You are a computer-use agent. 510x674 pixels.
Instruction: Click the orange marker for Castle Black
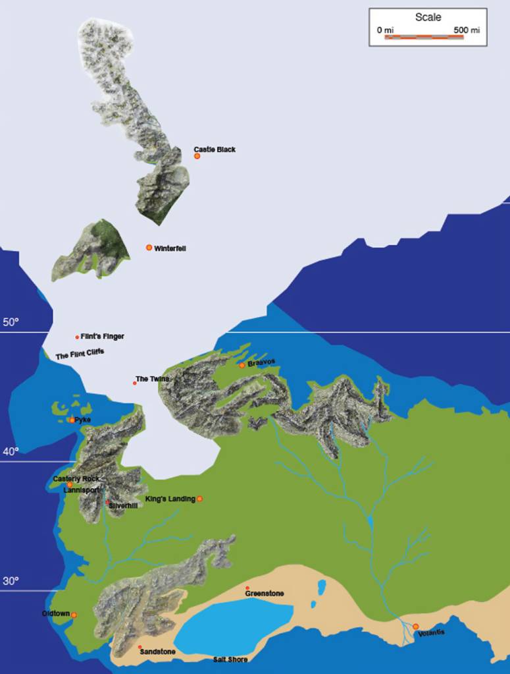click(x=197, y=156)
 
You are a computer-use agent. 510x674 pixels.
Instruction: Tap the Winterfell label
click(x=170, y=248)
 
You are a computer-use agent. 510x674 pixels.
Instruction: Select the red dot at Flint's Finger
click(x=78, y=337)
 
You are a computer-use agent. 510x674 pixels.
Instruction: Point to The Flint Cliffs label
click(x=80, y=354)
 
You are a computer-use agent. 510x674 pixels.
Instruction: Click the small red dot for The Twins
click(x=135, y=383)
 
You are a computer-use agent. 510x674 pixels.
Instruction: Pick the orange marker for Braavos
click(x=242, y=365)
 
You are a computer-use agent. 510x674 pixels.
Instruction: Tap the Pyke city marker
click(x=72, y=420)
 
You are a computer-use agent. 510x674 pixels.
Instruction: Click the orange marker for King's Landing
click(x=199, y=499)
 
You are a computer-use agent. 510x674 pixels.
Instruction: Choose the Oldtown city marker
click(x=74, y=615)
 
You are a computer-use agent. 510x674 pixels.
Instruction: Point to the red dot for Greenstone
click(x=247, y=588)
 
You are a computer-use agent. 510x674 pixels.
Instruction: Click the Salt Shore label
click(x=230, y=659)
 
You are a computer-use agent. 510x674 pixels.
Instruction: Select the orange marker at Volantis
click(x=415, y=626)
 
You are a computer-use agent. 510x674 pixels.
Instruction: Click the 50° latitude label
click(x=11, y=322)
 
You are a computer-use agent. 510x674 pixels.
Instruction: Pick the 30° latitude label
click(x=11, y=581)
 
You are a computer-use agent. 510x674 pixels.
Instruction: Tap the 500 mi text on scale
click(x=467, y=30)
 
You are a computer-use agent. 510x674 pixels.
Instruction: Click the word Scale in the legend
click(x=428, y=17)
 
